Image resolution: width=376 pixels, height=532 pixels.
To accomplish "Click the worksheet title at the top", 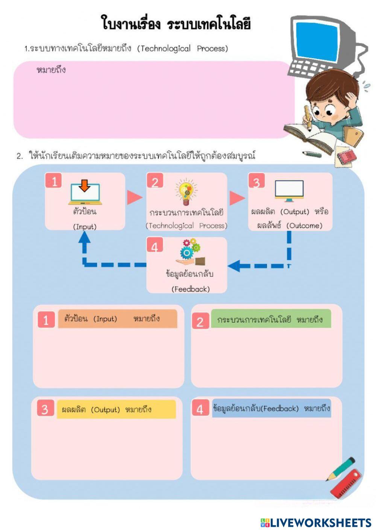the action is pos(176,23).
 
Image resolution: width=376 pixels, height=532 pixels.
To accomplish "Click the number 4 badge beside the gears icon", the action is pos(155,247).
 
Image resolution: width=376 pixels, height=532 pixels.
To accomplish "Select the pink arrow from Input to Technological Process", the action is pos(134,198).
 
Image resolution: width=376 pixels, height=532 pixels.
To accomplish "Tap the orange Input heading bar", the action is pos(117,319).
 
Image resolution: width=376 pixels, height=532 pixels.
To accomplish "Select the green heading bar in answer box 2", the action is pos(271,319).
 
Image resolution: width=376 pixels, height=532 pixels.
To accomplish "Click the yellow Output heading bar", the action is pos(116,409).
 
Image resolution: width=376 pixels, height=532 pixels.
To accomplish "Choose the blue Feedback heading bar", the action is pos(271,408).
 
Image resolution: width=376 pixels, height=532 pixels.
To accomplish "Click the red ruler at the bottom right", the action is pos(346,483).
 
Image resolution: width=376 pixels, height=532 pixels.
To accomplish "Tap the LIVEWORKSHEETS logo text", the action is pos(320,523).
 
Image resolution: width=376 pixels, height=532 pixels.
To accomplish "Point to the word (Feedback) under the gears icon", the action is pos(191,289).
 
